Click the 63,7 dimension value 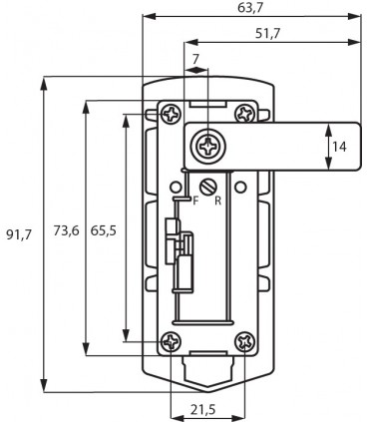point(250,8)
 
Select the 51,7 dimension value point(267,33)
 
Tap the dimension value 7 point(195,59)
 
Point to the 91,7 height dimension point(19,235)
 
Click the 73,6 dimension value point(67,230)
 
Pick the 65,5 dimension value point(104,230)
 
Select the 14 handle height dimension point(339,147)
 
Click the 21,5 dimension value point(203,410)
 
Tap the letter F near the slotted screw point(195,201)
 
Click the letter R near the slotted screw point(217,201)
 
